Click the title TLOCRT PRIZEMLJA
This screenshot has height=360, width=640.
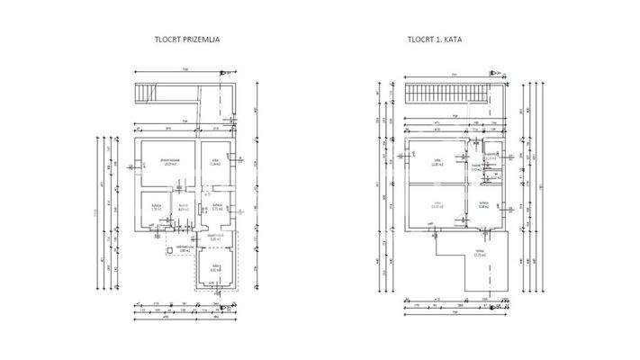[x=188, y=40]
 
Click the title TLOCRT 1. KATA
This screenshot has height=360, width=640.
[x=440, y=40]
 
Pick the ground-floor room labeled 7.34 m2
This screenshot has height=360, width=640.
[x=215, y=162]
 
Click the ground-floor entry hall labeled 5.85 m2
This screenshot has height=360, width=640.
[x=215, y=238]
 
